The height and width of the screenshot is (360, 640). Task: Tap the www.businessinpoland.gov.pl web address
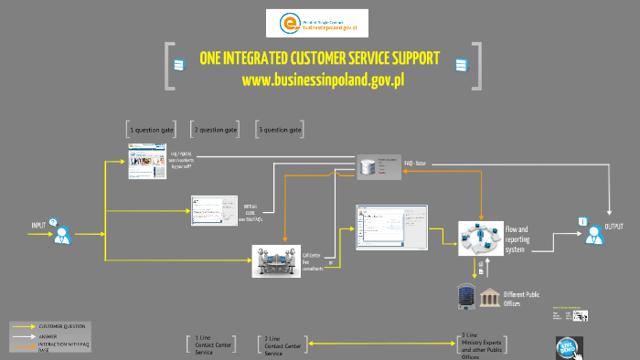323,80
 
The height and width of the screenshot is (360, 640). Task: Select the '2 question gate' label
216,131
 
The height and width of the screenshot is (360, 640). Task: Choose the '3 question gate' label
280,131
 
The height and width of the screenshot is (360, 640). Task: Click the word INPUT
38,225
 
